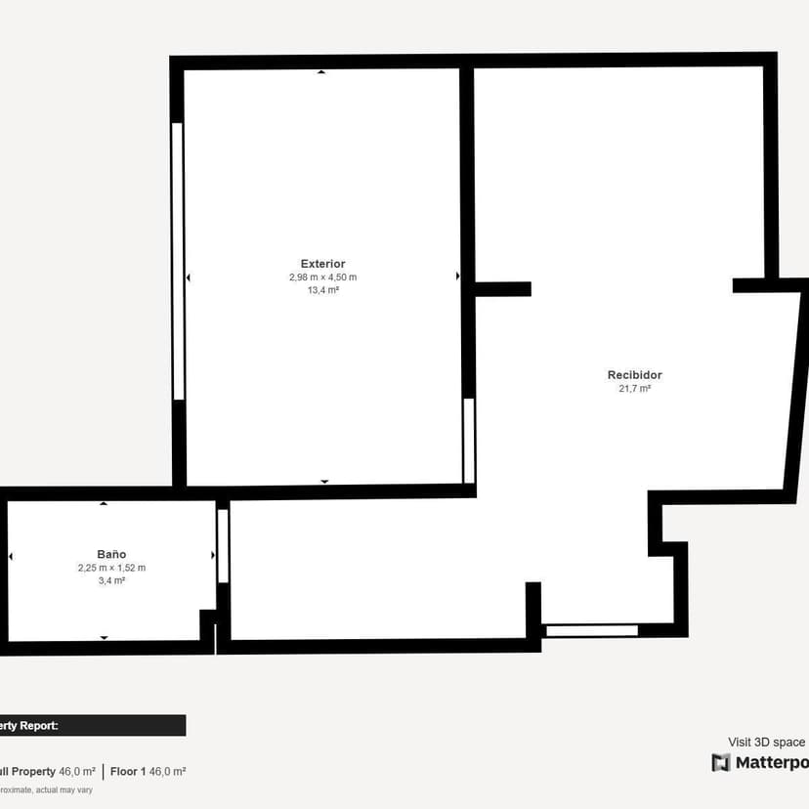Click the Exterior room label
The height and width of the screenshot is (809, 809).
(322, 264)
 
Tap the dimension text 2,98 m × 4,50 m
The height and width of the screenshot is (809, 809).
(322, 277)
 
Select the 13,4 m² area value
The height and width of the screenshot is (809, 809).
(322, 290)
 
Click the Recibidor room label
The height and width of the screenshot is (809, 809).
(634, 375)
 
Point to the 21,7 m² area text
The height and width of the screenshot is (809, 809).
(634, 389)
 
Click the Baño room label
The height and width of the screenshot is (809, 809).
(111, 554)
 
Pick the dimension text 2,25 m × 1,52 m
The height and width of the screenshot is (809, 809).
(111, 568)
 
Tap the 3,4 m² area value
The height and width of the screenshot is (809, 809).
(111, 580)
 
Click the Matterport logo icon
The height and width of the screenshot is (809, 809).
(721, 763)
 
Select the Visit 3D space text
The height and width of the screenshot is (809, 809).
(767, 743)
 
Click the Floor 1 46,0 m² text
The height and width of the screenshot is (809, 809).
(148, 771)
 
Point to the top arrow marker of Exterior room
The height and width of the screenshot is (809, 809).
(321, 72)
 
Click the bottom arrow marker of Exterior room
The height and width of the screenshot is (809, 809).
(324, 482)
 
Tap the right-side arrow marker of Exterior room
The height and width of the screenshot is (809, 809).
(457, 277)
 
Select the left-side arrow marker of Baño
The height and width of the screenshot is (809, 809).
(11, 556)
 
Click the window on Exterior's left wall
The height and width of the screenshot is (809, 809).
(178, 260)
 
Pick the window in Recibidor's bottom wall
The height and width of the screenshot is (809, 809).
(591, 631)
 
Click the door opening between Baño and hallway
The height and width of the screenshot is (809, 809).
(223, 545)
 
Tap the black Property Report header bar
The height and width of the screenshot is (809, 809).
(93, 725)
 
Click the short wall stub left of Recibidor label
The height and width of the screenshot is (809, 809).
(503, 289)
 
